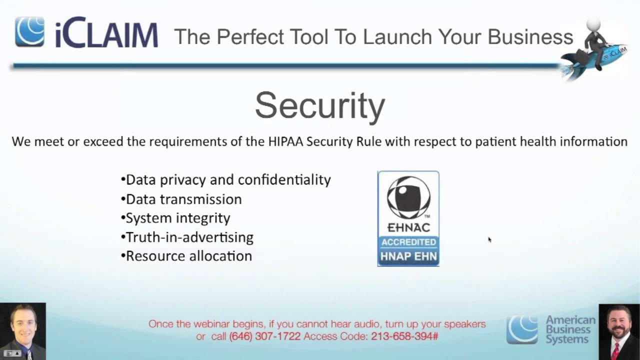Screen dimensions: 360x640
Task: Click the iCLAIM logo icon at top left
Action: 29,31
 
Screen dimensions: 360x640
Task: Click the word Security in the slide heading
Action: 320,105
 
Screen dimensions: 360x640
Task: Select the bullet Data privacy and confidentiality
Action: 226,180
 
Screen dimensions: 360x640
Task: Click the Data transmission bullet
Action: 181,199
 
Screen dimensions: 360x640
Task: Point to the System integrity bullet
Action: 176,218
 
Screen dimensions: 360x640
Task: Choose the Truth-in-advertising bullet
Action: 187,237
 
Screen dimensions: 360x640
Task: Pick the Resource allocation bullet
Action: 186,256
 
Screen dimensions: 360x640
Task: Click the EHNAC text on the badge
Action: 408,227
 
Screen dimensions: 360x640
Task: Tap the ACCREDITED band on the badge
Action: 408,242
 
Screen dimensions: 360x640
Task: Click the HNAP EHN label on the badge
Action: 408,257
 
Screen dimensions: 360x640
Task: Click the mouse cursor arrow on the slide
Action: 489,239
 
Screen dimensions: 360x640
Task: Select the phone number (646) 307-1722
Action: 265,336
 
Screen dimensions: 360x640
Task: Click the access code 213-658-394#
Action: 404,336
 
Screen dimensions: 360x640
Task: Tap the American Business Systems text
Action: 570,329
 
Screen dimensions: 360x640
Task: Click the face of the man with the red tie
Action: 619,322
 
